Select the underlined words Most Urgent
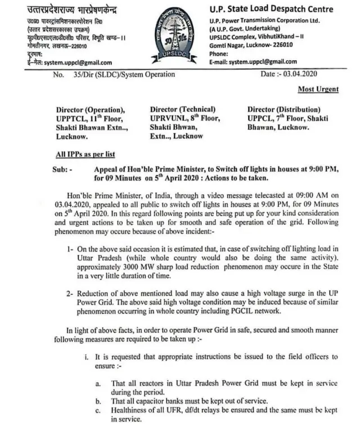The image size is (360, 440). [318, 89]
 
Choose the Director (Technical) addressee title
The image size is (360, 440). [182, 109]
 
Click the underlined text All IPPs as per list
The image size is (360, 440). [82, 154]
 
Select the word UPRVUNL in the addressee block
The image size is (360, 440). [167, 119]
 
